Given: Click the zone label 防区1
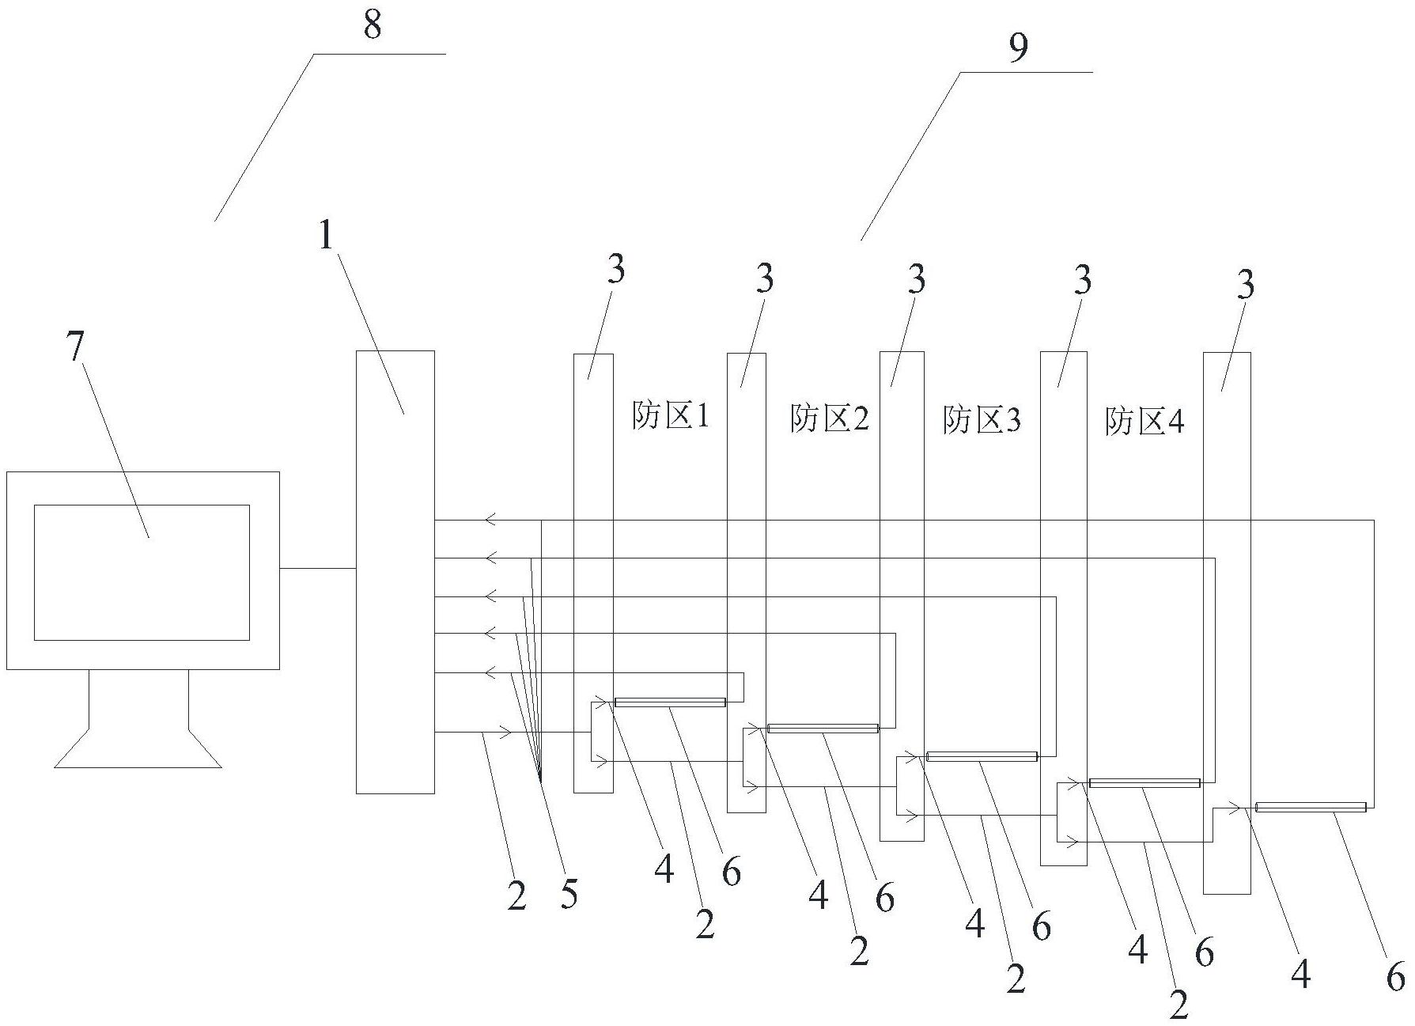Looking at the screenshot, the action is [671, 415].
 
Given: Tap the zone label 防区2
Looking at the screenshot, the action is [830, 418].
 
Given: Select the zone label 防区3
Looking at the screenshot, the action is [982, 419].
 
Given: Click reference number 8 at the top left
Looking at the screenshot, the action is [373, 25].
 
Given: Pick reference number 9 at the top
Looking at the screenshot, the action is [1019, 47].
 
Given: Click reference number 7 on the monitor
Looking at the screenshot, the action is [75, 348].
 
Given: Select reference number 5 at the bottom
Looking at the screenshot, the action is [569, 893].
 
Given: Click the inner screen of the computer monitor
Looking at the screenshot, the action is [142, 572].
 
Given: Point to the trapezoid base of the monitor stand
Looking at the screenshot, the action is [138, 748].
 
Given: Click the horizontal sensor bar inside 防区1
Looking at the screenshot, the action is [670, 702].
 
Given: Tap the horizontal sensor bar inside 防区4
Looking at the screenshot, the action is [1144, 783].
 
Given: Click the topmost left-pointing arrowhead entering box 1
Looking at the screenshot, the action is [491, 520].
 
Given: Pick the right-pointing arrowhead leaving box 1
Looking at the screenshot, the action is [505, 733].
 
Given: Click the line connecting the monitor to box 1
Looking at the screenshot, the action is [318, 568].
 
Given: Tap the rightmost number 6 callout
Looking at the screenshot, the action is [1396, 976].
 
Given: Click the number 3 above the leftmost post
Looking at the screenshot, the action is [615, 269].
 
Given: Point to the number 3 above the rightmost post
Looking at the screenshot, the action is [1246, 285].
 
